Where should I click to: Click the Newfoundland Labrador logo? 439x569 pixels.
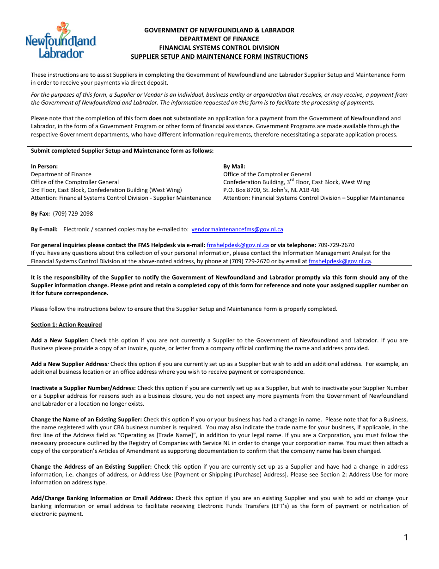[x=61, y=41]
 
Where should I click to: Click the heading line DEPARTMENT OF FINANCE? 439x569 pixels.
[x=219, y=39]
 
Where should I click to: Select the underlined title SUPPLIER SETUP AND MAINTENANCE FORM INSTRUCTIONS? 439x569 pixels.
[x=219, y=56]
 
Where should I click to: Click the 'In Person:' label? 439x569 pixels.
[x=44, y=167]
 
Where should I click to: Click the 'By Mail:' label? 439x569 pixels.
[x=234, y=167]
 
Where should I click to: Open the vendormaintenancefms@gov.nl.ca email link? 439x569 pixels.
[x=237, y=229]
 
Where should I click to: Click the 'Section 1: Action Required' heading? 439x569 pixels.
[x=67, y=325]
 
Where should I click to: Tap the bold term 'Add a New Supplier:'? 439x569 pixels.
[x=60, y=340]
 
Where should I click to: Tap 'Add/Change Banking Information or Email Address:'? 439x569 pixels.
[x=102, y=498]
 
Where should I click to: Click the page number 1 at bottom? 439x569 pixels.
[x=406, y=538]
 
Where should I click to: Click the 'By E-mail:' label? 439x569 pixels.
[x=44, y=229]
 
